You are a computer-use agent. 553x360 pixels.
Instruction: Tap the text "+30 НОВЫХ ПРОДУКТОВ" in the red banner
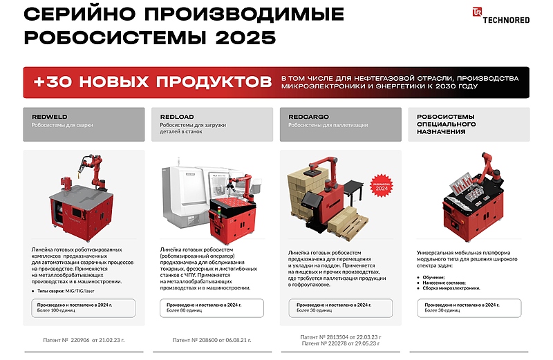point(152,82)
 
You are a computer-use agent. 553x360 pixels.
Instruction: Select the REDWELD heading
point(50,117)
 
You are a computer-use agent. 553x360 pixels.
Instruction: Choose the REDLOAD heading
point(178,117)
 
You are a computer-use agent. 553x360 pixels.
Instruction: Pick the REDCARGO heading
point(308,117)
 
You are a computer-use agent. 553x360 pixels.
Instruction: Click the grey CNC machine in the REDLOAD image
point(191,197)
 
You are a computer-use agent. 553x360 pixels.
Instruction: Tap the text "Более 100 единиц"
point(56,310)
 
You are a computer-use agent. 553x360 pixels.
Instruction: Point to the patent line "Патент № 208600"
point(212,340)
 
